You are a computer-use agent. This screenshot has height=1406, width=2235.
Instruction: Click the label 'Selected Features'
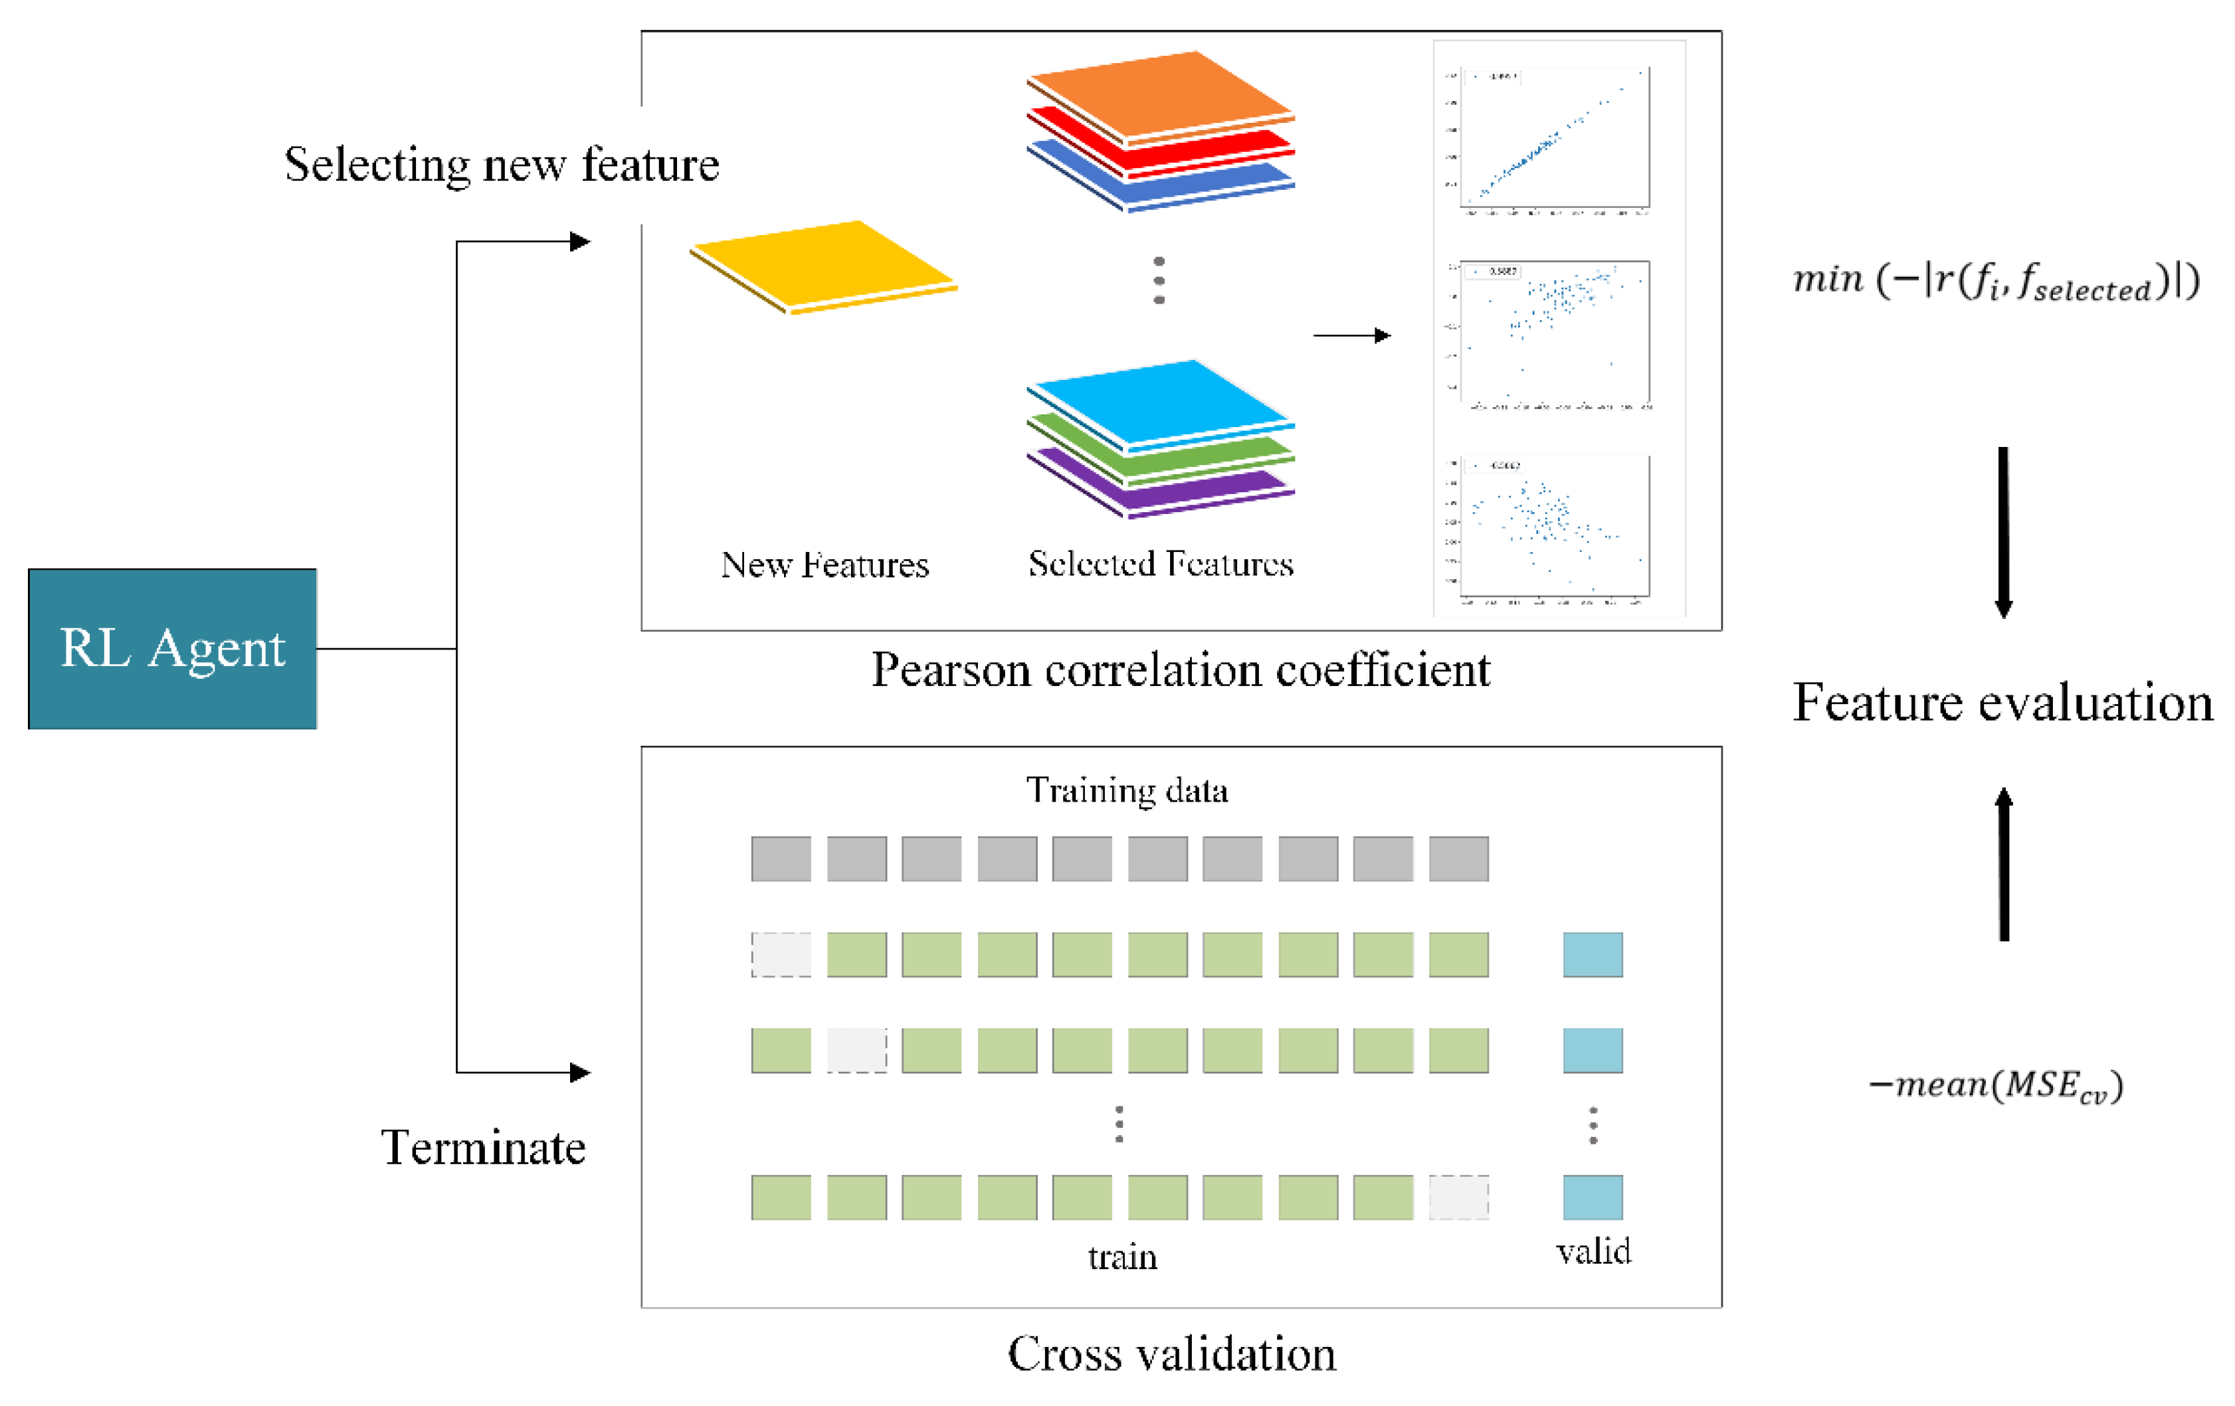tap(1160, 563)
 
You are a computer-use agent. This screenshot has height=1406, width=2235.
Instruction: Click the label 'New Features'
tap(825, 565)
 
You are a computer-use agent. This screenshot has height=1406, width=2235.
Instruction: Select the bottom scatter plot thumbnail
tap(1555, 526)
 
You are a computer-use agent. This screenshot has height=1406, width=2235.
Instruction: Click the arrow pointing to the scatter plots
tap(1351, 335)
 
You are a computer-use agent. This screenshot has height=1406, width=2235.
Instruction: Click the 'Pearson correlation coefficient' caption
tap(1180, 669)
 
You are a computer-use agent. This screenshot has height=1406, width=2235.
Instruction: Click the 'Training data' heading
tap(1127, 790)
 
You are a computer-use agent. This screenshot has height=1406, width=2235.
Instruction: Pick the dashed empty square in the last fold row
tap(1458, 1196)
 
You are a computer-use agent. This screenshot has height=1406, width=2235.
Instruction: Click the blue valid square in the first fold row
tap(1593, 954)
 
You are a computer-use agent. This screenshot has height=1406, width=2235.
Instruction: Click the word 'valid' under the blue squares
tap(1593, 1251)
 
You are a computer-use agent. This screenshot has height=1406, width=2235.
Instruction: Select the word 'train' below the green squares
tap(1122, 1257)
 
